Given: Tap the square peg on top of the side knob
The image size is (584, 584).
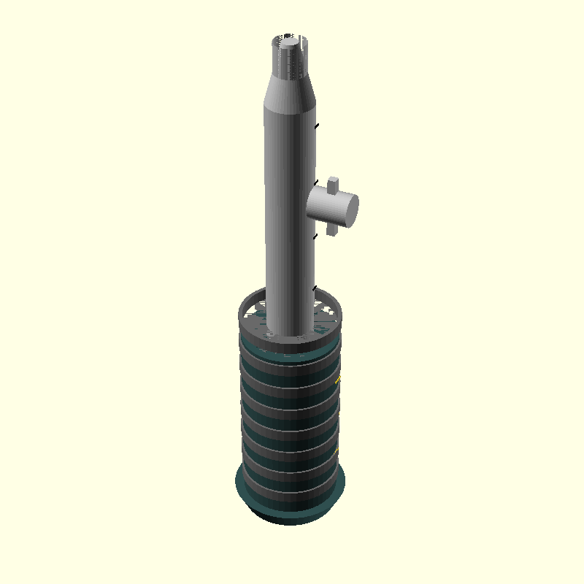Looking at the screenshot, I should point(334,183).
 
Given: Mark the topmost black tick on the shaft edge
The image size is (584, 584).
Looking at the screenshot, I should point(316,126).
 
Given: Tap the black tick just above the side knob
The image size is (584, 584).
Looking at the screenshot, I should point(315,182).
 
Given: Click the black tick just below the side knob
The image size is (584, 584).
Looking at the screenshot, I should point(315,236).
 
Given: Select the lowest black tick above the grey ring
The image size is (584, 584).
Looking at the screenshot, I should point(315,289).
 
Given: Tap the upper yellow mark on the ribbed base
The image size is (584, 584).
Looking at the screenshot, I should point(337,378).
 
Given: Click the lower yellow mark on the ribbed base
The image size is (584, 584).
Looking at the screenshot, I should point(337,382).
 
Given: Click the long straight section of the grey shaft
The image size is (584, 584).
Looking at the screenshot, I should point(288,219).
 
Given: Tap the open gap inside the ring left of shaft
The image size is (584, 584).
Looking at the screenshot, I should point(253,314).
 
